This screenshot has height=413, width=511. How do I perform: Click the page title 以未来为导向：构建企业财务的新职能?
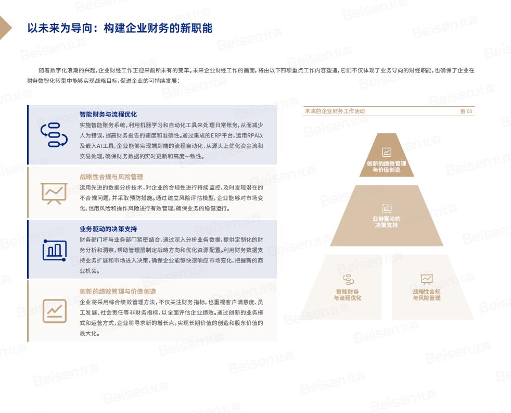120,28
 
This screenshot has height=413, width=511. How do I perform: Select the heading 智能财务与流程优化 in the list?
108,114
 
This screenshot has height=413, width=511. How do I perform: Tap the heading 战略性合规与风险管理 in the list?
111,177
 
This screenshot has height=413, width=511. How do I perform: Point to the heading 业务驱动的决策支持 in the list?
108,229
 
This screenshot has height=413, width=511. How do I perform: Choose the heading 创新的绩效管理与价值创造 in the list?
118,291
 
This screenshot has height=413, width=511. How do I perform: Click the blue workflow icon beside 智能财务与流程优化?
54,135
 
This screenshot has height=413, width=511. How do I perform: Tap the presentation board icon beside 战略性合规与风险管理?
54,193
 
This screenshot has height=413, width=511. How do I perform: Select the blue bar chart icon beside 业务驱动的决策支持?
55,250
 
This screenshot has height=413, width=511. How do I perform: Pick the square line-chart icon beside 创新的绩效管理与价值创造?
55,311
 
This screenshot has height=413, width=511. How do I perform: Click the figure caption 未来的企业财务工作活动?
335,111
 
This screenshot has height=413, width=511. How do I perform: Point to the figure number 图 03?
466,111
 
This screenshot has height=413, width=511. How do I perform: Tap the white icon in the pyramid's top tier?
387,152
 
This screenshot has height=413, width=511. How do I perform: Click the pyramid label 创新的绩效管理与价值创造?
387,167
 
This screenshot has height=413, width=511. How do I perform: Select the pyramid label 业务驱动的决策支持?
387,222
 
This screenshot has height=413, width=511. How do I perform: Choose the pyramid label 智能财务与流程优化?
348,295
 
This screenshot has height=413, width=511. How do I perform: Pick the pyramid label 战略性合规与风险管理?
427,295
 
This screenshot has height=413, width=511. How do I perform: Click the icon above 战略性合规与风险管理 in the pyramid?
427,280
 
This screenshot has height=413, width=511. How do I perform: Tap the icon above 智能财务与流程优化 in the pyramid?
348,280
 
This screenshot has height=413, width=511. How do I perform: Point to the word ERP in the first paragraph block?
216,135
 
